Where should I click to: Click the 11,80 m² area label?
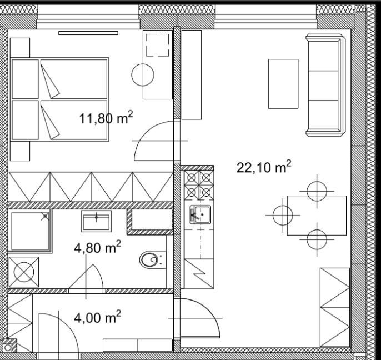tap(106, 117)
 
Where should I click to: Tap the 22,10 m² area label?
tap(264, 167)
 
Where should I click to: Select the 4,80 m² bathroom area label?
tap(97, 247)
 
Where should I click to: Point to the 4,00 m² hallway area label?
tap(97, 317)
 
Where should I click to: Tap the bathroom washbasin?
tap(96, 221)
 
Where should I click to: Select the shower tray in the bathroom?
tap(30, 231)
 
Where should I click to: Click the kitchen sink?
tap(200, 214)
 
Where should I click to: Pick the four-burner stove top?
tap(199, 185)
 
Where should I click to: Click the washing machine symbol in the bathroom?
tap(24, 272)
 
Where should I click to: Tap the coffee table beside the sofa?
tap(283, 84)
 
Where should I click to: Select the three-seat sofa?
tap(325, 86)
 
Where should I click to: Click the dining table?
tap(317, 216)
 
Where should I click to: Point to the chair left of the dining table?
tap(283, 216)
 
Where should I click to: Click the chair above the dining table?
tap(317, 191)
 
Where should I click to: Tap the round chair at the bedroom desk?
tap(143, 75)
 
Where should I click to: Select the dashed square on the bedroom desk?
tap(158, 45)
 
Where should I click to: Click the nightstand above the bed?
tap(20, 48)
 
